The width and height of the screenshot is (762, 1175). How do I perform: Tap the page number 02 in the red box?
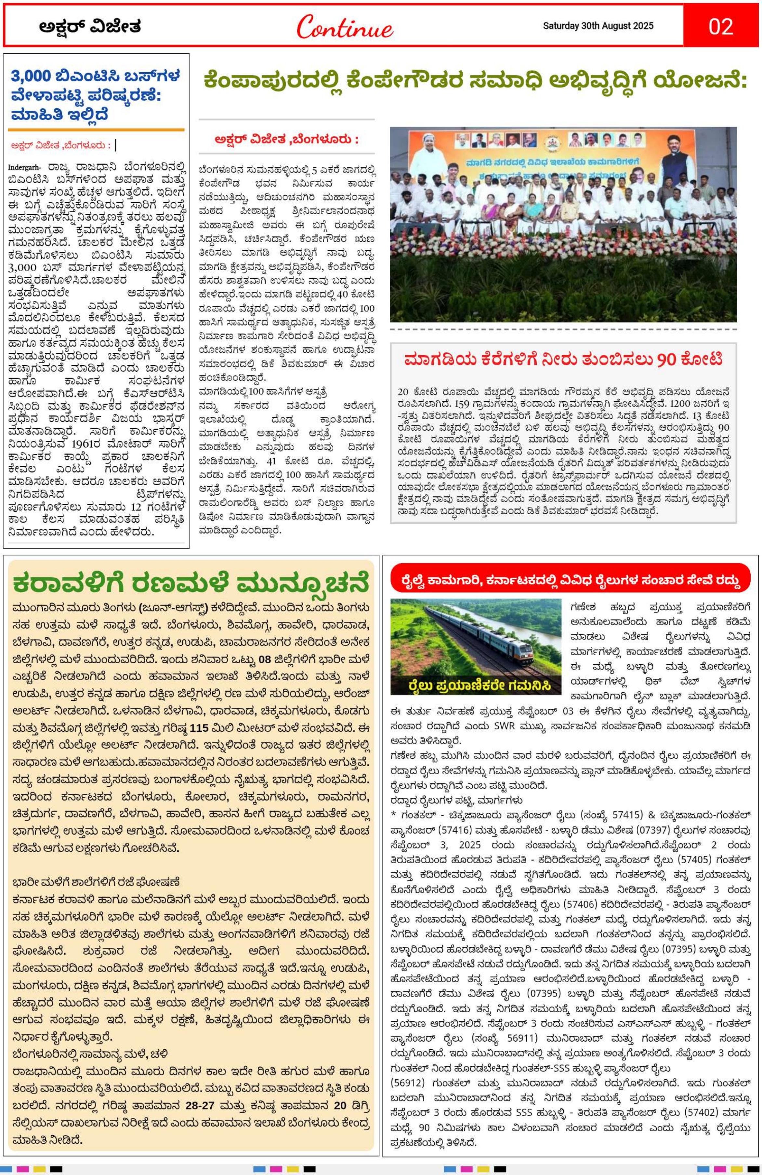(721, 26)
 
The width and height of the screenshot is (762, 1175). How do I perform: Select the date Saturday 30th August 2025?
(598, 26)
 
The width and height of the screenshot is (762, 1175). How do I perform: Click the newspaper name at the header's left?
(90, 26)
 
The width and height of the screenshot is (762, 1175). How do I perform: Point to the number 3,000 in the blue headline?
(32, 76)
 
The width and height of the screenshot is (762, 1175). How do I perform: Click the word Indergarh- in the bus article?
(25, 166)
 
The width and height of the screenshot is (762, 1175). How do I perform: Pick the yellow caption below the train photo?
(476, 686)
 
